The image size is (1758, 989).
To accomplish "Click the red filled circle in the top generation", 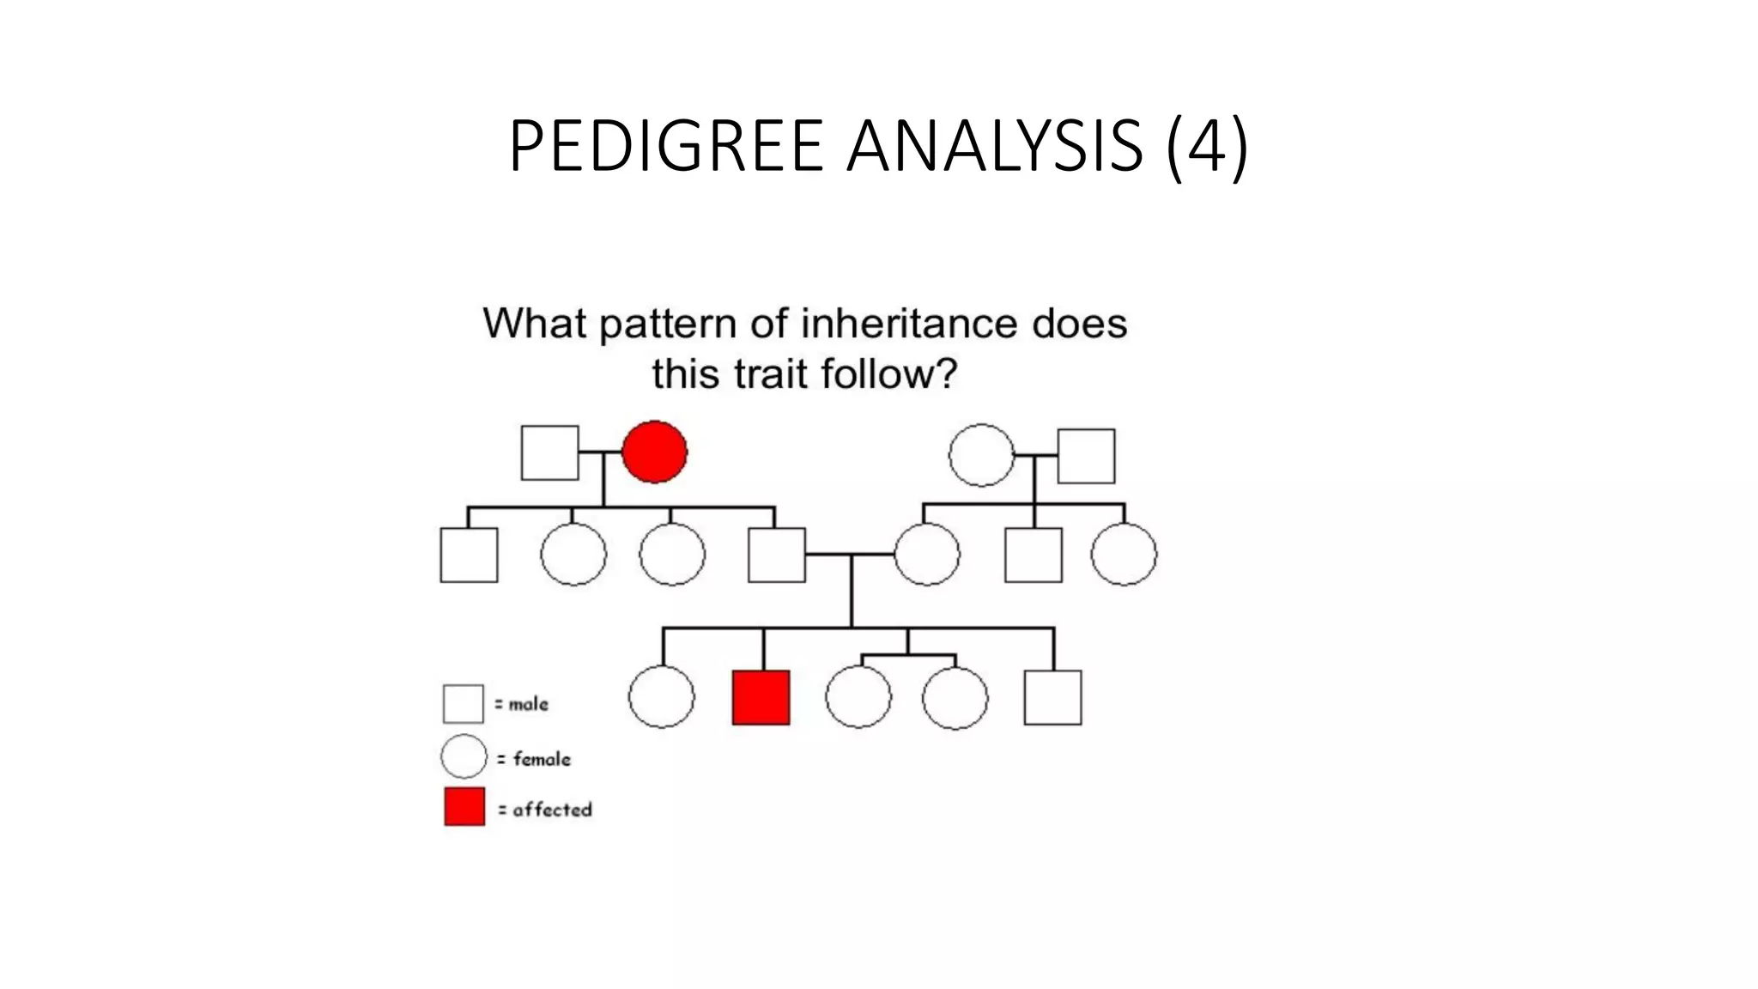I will coord(654,452).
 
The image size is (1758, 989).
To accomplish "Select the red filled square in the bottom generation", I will coord(761,697).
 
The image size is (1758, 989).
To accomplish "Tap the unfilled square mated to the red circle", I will coord(549,452).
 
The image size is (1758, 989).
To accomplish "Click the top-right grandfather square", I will coord(1086,456).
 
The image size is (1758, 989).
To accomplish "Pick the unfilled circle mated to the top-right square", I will coord(981,455).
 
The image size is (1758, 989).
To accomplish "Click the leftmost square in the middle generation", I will coord(469,555).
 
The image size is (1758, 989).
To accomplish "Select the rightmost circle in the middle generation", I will coord(1124,554).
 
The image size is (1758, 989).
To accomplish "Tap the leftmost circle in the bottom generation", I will coord(661,696).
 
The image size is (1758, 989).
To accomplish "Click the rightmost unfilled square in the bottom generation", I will coord(1052,697).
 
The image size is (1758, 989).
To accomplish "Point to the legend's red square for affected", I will coord(464,806).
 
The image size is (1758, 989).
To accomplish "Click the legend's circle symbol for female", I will coord(464,756).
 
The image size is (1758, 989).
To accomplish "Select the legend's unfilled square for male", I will coord(463,703).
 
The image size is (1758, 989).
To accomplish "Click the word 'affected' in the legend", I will coord(552,810).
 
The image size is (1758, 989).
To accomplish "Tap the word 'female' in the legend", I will coord(542,759).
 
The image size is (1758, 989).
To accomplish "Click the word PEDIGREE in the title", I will coord(666,146).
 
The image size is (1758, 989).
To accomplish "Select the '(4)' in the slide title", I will coord(1206,146).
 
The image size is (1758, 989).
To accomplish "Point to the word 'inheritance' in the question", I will coord(909,325).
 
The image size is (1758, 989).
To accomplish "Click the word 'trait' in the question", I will coord(769,374).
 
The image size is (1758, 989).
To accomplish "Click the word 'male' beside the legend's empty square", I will coord(528,704).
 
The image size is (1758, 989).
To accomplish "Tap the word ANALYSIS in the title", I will coord(995,146).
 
